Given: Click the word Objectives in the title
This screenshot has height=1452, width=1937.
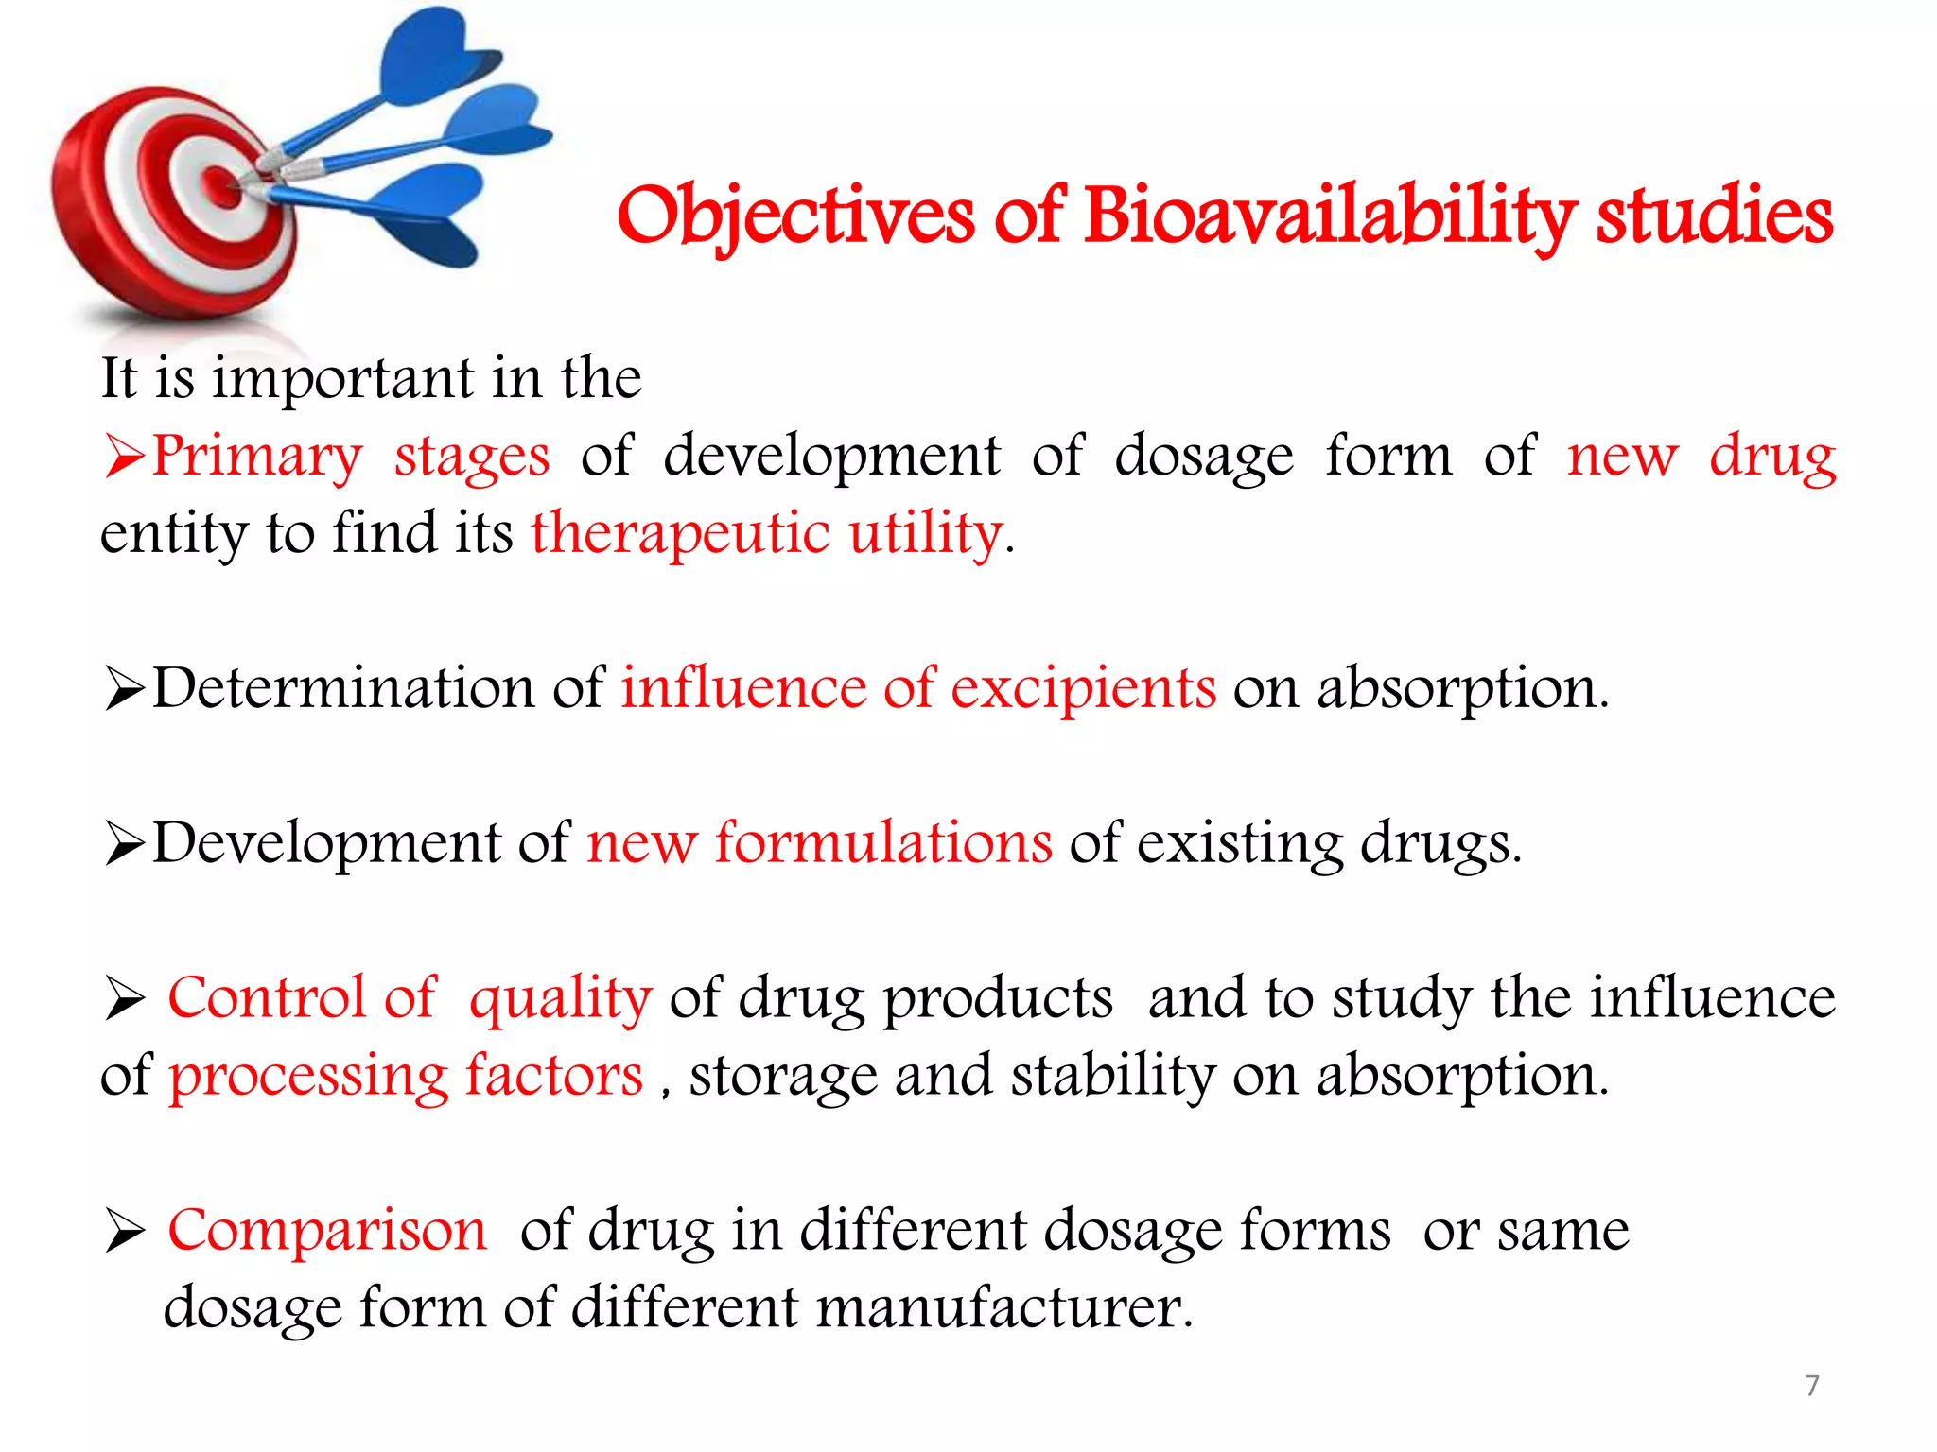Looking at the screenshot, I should pos(794,216).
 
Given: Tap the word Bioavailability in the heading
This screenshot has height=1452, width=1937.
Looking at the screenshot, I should pos(1328,216).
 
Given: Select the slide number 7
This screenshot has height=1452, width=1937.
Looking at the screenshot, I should pos(1811,1385).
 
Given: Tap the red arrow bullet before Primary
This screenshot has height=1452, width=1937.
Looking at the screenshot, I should pos(124,456).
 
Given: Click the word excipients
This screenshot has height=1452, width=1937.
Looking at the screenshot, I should pos(1083,688).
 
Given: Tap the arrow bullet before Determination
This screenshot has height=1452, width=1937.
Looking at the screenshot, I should pos(124,687).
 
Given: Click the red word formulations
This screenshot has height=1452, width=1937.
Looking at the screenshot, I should pos(882,842).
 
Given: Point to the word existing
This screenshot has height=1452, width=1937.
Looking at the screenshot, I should pos(1239,842).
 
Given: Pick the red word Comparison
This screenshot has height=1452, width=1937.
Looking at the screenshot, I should pos(326,1231).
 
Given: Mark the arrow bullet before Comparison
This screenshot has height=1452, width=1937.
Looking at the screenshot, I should pos(124,1231).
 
